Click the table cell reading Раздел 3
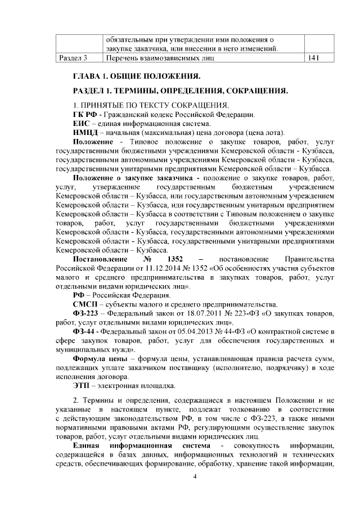coord(73,58)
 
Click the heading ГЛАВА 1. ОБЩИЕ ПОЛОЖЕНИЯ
coord(137,76)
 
